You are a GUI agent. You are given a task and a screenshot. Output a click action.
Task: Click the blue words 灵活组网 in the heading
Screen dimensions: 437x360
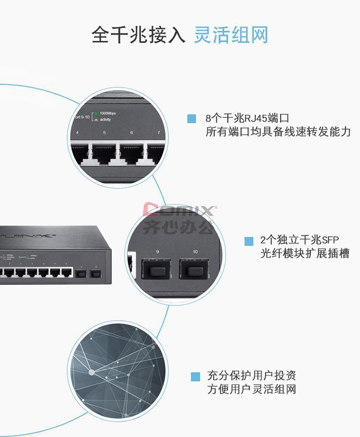231,36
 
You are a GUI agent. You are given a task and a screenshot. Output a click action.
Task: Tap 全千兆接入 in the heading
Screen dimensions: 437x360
138,36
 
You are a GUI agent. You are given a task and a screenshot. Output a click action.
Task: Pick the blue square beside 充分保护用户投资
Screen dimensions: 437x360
195,377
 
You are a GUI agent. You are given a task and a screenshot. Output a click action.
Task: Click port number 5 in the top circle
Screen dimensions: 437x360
105,133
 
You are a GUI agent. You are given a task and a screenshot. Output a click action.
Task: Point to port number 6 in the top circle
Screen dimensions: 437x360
132,133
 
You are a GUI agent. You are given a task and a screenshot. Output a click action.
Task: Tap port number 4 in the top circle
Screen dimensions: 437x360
78,133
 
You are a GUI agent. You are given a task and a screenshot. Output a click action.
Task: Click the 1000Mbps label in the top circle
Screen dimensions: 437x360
108,113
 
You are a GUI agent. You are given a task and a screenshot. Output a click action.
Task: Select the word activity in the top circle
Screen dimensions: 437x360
105,120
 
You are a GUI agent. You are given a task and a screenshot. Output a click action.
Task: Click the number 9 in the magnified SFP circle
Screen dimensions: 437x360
156,252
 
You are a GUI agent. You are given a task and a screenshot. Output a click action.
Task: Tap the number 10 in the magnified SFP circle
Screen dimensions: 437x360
195,252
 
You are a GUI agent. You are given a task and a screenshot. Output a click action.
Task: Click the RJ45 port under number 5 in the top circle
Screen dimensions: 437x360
105,153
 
